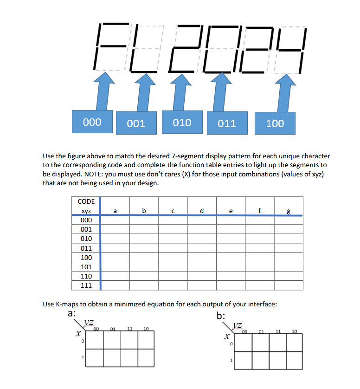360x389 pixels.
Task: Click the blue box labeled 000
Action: pos(92,122)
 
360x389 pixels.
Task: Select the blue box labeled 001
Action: pos(136,123)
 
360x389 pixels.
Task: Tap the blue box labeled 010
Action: pos(182,123)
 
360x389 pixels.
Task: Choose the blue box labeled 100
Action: pos(275,123)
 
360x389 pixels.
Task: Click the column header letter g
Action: pos(289,211)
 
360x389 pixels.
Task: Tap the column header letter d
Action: pos(201,211)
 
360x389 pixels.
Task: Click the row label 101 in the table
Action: pos(86,267)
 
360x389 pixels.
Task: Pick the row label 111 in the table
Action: pos(86,285)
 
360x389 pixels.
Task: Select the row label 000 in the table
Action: pos(86,220)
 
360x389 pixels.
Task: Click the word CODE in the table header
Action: pos(86,201)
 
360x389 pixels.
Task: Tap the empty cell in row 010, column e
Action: pos(231,239)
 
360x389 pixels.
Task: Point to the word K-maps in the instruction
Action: pos(68,304)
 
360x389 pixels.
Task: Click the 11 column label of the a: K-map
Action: pos(130,329)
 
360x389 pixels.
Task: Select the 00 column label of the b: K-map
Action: pos(244,331)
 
